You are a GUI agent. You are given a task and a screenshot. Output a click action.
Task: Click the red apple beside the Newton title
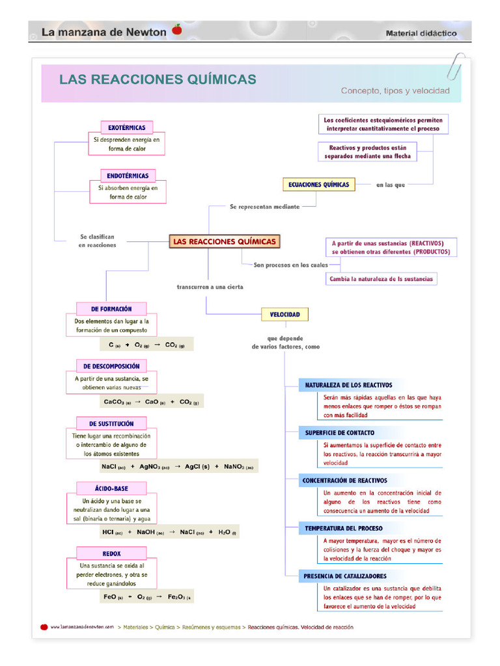(x=176, y=29)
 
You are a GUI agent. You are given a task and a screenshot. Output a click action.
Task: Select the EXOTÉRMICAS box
(x=127, y=127)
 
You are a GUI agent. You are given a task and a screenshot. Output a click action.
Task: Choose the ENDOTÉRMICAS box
(x=128, y=176)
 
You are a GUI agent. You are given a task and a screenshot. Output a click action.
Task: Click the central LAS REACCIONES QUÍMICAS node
(x=225, y=242)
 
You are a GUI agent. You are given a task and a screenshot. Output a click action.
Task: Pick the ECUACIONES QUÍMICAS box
(x=318, y=185)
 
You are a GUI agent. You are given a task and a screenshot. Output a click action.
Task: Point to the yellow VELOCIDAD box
(x=285, y=315)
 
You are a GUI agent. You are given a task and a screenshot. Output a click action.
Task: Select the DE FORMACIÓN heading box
(x=111, y=309)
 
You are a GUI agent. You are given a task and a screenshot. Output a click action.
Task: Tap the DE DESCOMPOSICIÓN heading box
(x=111, y=366)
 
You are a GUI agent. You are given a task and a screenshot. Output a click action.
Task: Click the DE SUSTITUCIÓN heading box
(x=111, y=423)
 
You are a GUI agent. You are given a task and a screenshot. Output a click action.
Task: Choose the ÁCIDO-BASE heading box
(x=111, y=488)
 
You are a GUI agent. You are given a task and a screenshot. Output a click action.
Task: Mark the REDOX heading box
(x=111, y=553)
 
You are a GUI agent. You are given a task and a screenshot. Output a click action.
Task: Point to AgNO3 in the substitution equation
(x=154, y=466)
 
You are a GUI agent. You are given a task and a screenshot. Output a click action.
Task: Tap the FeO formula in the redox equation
(x=113, y=596)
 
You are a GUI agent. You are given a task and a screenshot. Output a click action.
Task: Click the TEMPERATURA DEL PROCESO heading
(x=343, y=529)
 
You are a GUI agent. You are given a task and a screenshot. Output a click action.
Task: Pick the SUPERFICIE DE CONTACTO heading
(x=339, y=433)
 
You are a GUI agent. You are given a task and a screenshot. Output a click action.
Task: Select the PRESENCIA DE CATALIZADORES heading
(x=345, y=576)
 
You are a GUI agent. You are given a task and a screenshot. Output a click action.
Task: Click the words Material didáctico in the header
(x=421, y=33)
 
